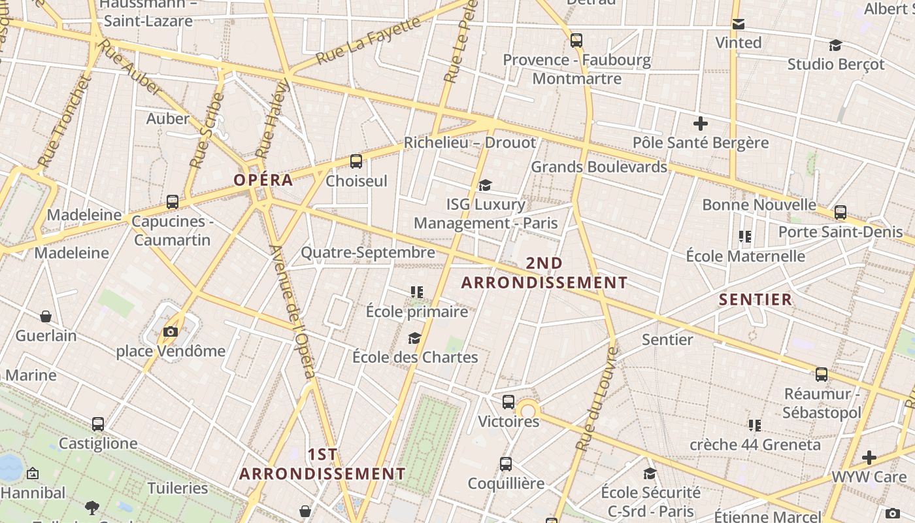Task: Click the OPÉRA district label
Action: (263, 180)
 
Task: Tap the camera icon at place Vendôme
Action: (171, 331)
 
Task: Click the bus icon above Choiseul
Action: (356, 161)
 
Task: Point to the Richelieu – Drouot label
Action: (469, 143)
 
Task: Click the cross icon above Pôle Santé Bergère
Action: (701, 123)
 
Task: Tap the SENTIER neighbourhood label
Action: (756, 299)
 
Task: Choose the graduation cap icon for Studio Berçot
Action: (835, 45)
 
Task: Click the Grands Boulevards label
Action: (599, 167)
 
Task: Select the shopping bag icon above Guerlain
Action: (46, 316)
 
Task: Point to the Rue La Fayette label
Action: (368, 41)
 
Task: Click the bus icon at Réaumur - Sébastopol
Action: (822, 375)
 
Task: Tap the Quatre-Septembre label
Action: (367, 252)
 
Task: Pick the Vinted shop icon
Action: (739, 24)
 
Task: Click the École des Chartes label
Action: (415, 357)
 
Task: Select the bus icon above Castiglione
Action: (98, 424)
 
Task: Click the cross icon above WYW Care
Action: (869, 457)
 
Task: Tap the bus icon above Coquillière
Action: (506, 464)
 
